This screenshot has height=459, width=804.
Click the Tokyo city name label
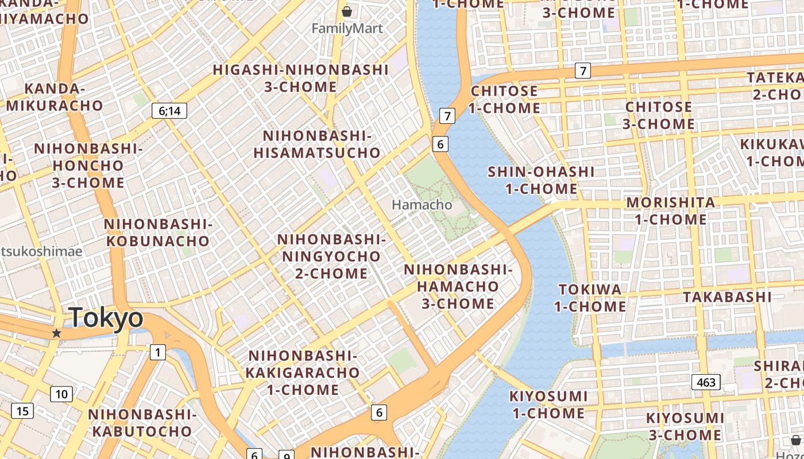pos(106,317)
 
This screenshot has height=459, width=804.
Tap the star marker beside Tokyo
pos(56,333)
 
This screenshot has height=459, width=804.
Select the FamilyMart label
pos(347,28)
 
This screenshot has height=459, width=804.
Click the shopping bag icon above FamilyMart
pos(347,11)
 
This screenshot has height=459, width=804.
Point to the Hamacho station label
pos(422,205)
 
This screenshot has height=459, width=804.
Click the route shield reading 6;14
pos(169,111)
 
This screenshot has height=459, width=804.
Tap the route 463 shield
pos(705,382)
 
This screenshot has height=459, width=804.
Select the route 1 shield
pos(157,352)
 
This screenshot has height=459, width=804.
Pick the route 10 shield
pos(61,394)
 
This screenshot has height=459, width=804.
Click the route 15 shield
pos(22,411)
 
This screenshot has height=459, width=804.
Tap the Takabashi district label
pos(727,297)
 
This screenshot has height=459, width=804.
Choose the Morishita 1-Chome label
pos(671,211)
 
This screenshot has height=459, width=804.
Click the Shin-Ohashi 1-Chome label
pos(541,180)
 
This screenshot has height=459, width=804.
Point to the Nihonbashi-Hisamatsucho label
pos(317,144)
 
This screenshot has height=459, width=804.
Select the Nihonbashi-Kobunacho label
pos(158,232)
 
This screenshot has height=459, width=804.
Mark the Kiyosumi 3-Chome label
pos(685,426)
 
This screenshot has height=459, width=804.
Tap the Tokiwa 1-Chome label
pos(590,298)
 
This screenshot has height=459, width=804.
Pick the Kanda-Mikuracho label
pos(55,97)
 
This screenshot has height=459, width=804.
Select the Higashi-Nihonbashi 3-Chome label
pos(301,78)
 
